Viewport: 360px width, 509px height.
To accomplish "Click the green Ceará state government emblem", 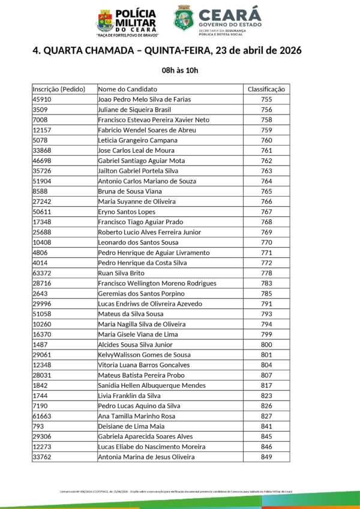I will (184, 19).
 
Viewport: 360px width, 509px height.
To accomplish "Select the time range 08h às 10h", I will (180, 70).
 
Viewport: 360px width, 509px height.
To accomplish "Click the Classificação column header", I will (266, 89).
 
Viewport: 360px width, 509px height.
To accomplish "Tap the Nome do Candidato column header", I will (127, 89).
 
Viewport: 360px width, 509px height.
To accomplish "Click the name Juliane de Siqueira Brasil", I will (134, 110).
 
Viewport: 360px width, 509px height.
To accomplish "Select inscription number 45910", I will (42, 100).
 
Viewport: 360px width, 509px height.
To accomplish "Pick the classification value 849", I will (266, 457).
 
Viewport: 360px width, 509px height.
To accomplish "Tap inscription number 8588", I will (40, 191).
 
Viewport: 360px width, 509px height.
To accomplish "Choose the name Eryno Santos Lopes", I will (127, 212).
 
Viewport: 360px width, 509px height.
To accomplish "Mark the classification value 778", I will (266, 273).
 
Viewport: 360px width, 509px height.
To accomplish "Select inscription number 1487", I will (40, 345).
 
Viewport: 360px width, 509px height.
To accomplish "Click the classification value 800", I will (266, 345).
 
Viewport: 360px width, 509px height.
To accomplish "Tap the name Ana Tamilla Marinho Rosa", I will (136, 416).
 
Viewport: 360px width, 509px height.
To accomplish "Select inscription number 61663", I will (42, 416).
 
